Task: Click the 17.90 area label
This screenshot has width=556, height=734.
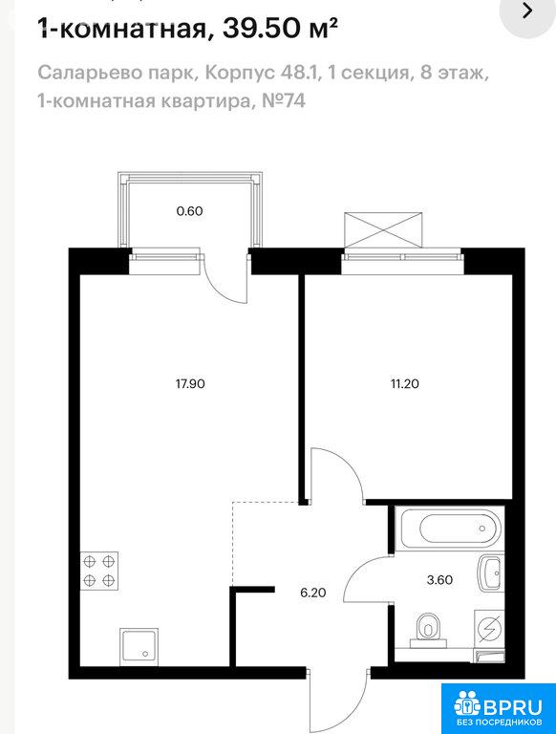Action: click(190, 384)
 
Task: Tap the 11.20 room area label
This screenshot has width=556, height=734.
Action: click(405, 384)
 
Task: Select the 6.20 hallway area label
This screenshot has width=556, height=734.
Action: click(313, 594)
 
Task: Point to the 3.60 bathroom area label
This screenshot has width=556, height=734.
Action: click(439, 580)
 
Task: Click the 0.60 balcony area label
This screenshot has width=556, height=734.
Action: click(189, 211)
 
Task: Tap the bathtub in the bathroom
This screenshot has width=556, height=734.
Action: click(450, 528)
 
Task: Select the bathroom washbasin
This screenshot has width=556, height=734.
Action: click(490, 572)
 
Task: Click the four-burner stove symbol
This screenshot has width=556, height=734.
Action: click(99, 572)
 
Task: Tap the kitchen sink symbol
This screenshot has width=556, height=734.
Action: click(139, 647)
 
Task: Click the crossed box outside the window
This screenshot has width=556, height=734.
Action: click(383, 229)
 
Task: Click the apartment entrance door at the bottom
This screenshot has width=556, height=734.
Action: click(338, 702)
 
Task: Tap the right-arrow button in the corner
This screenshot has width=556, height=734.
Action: click(527, 11)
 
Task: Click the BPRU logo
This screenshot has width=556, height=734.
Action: click(499, 708)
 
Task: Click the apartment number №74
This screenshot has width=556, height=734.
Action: click(284, 100)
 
